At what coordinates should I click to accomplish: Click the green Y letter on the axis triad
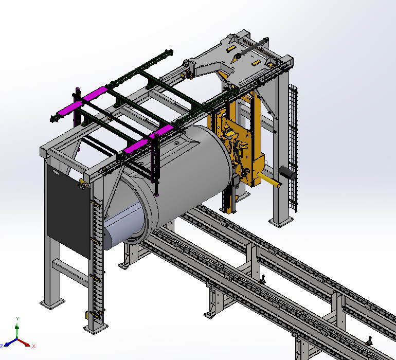[x=17, y=319]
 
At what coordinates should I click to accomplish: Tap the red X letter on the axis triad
[x=34, y=346]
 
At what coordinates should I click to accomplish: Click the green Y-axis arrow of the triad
[x=17, y=329]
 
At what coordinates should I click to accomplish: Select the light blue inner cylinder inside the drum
[x=123, y=226]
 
